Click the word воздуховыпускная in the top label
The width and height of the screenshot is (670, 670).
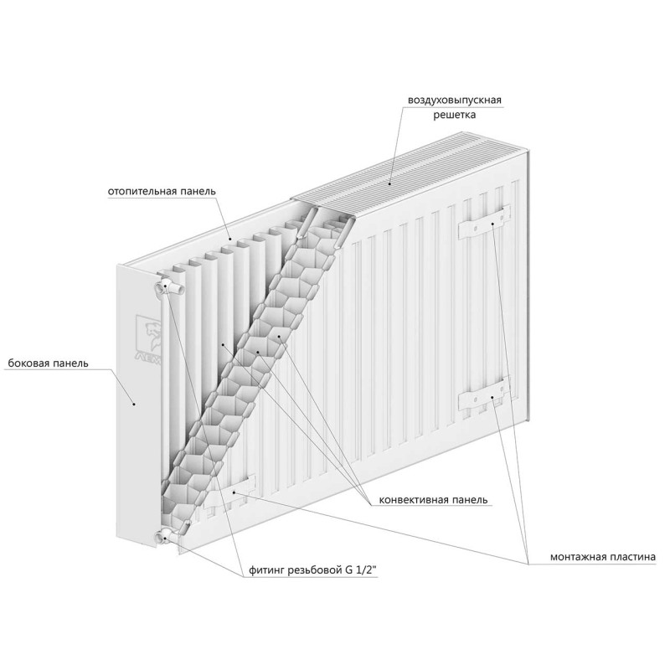coord(454,100)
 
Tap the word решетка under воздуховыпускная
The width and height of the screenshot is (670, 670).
coord(454,115)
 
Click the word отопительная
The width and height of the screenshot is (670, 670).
coord(142,191)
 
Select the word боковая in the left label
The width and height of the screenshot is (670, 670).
coord(28,363)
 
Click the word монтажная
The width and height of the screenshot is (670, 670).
coord(577,557)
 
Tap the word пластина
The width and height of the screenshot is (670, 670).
coord(631,557)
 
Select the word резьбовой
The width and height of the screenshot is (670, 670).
coord(314,570)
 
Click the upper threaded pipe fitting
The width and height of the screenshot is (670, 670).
coord(170,286)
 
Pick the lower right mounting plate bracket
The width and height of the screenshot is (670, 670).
coord(484,394)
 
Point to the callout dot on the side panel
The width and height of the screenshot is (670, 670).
coord(134,403)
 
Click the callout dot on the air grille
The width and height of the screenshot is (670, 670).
coord(389,183)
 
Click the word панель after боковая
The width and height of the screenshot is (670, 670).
coord(70,363)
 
